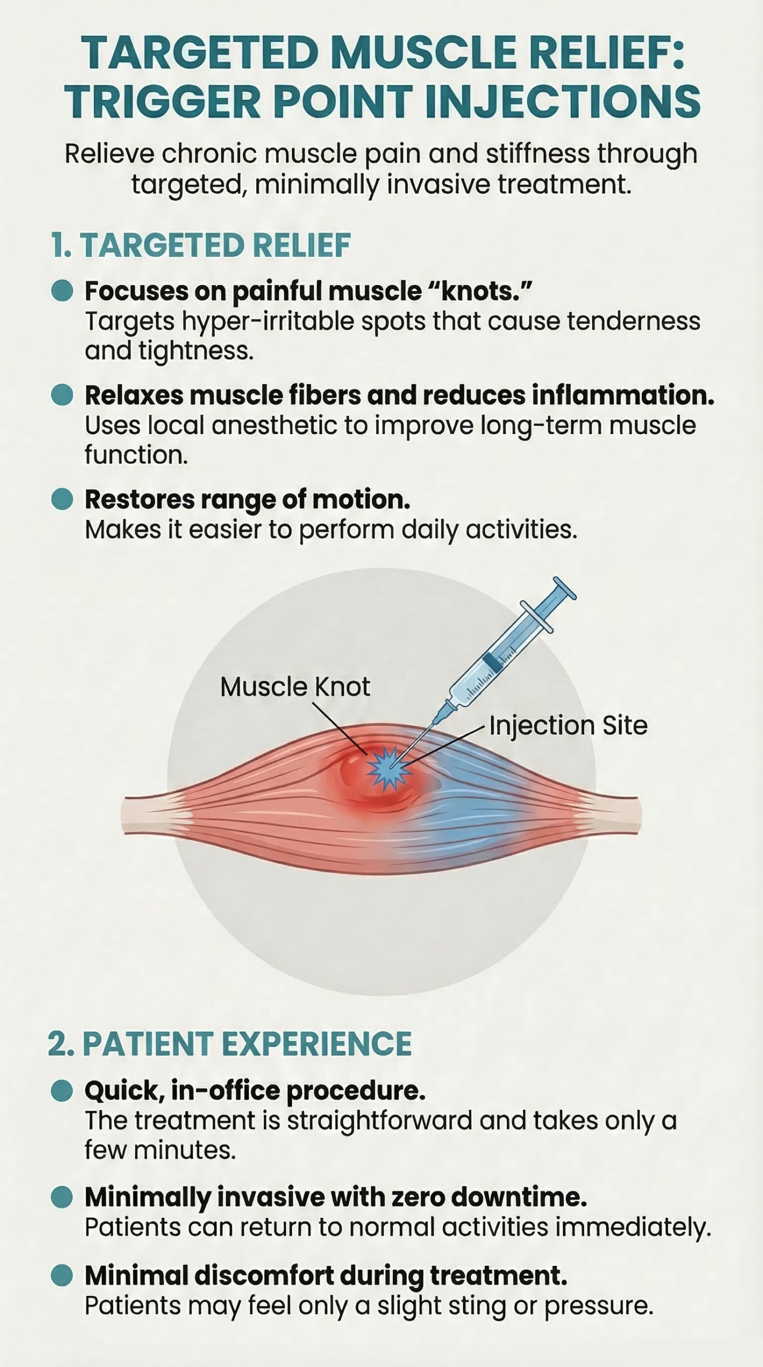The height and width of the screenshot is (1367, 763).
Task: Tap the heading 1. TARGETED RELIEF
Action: point(201,245)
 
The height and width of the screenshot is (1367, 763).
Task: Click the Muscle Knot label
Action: point(295,687)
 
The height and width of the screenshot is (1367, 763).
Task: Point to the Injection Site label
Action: point(568,726)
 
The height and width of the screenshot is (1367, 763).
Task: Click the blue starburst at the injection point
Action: point(389,768)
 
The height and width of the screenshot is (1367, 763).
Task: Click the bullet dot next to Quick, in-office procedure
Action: point(62,1090)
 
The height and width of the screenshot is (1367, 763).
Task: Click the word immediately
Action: point(634,1227)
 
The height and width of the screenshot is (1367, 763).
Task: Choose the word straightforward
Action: point(380,1120)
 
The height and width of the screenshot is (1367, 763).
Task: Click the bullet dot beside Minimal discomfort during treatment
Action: point(62,1276)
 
